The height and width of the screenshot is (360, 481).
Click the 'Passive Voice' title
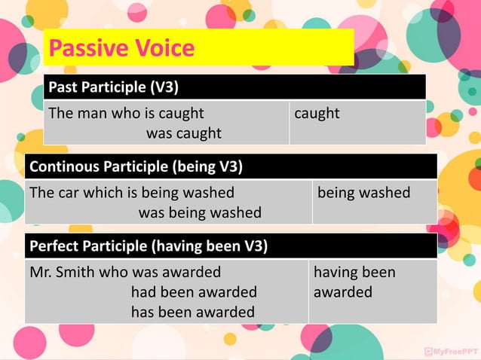tap(121, 49)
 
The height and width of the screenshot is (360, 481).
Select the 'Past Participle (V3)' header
tap(113, 87)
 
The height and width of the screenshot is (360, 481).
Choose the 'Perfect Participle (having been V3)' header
tap(148, 246)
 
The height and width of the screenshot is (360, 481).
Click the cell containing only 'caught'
tap(317, 114)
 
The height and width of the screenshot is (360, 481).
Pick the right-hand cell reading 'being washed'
tap(364, 193)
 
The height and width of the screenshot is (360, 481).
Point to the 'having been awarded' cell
tap(354, 282)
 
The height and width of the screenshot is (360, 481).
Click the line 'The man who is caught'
tap(126, 114)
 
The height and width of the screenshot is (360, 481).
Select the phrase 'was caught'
tap(183, 133)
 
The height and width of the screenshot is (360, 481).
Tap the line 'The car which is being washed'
tap(131, 193)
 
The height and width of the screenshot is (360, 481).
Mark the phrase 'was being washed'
tap(200, 212)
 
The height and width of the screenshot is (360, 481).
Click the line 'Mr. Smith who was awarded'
tap(124, 272)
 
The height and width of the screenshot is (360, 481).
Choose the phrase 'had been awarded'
tap(194, 291)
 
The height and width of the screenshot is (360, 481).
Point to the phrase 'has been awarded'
tap(193, 311)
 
